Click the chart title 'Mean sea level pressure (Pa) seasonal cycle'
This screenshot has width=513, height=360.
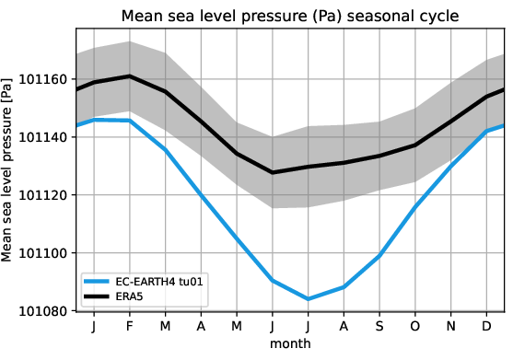pyautogui.click(x=289, y=16)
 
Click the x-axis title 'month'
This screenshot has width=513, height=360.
pyautogui.click(x=289, y=344)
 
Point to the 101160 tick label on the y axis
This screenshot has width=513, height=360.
pyautogui.click(x=39, y=80)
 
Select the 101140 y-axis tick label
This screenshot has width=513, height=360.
pyautogui.click(x=39, y=137)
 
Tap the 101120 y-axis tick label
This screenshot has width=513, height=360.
pyautogui.click(x=39, y=195)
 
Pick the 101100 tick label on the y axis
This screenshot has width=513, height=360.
pyautogui.click(x=39, y=253)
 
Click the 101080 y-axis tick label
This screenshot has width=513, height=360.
pyautogui.click(x=39, y=311)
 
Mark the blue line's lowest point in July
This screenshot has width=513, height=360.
pyautogui.click(x=308, y=298)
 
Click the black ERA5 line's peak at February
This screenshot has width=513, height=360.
pyautogui.click(x=130, y=76)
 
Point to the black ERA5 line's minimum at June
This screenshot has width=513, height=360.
pyautogui.click(x=272, y=172)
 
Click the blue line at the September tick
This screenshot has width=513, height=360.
pyautogui.click(x=379, y=256)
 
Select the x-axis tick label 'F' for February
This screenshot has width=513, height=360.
pyautogui.click(x=130, y=328)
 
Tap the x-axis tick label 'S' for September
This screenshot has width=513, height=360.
pyautogui.click(x=379, y=328)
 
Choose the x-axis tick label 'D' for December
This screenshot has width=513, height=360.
pyautogui.click(x=485, y=328)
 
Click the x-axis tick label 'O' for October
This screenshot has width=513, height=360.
pyautogui.click(x=414, y=328)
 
